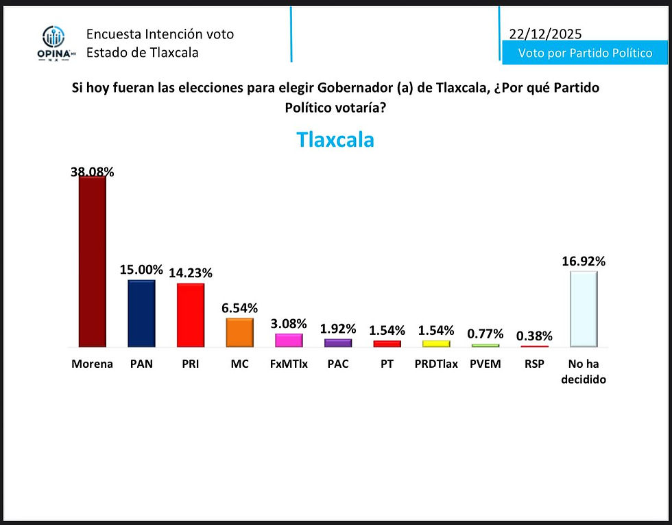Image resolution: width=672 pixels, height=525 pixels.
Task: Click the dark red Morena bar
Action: (x=93, y=261)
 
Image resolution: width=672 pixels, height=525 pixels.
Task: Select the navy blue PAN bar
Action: (x=141, y=313)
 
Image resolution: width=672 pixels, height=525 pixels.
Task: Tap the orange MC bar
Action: (x=239, y=333)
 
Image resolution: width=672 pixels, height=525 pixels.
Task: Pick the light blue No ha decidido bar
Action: (x=584, y=309)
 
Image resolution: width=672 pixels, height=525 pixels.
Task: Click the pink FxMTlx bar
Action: (x=289, y=340)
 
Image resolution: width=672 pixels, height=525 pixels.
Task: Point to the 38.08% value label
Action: (x=93, y=172)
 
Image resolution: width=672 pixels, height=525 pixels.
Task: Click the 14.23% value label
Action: (x=191, y=272)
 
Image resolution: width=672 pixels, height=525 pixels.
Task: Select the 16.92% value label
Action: (x=584, y=261)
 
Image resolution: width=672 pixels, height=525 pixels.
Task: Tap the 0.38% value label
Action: (x=534, y=336)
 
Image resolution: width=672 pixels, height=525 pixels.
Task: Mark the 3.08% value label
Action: (x=289, y=324)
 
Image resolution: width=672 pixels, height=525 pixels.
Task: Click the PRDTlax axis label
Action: (x=436, y=364)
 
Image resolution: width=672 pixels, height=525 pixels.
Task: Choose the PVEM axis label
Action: (x=485, y=364)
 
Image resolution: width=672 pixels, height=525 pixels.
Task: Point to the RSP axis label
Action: (x=534, y=364)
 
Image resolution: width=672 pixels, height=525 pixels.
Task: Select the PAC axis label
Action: (x=337, y=364)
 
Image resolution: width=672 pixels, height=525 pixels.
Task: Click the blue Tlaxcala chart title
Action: (x=335, y=140)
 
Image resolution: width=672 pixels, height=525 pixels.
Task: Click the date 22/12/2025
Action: (x=546, y=34)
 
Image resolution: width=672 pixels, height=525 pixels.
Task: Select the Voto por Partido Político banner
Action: (x=585, y=53)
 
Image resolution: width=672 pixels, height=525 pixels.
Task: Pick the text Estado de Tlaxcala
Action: (x=143, y=52)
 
